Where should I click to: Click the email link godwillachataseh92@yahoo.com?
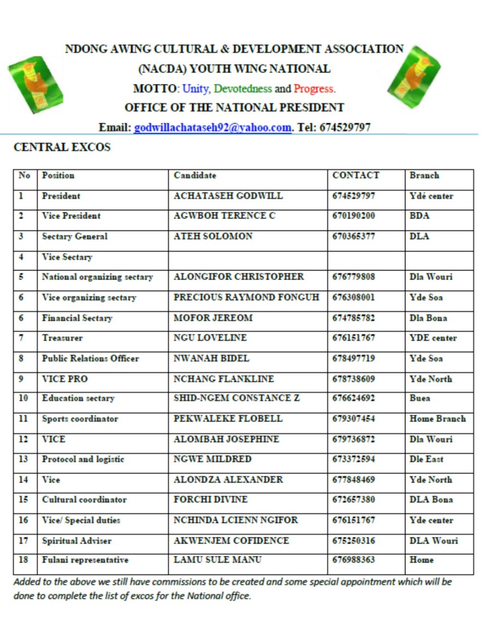tap(212, 128)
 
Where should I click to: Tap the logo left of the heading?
tap(36, 84)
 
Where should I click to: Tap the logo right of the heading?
tap(414, 77)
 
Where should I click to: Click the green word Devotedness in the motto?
tap(243, 89)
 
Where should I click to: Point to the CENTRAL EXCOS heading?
tap(62, 147)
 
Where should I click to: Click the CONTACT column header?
tap(355, 176)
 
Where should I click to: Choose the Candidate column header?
tap(195, 176)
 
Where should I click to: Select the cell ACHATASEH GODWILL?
tap(228, 196)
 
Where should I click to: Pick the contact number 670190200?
tap(353, 216)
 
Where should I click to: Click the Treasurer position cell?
tap(62, 338)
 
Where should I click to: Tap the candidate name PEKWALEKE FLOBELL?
tap(228, 419)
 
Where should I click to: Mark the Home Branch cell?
tap(438, 419)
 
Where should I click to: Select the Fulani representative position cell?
tap(85, 560)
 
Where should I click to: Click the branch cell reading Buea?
tap(420, 398)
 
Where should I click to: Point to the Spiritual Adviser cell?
tap(77, 541)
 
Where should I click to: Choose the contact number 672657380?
tap(353, 500)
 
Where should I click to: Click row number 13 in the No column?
tap(24, 459)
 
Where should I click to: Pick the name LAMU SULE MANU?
tap(217, 560)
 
